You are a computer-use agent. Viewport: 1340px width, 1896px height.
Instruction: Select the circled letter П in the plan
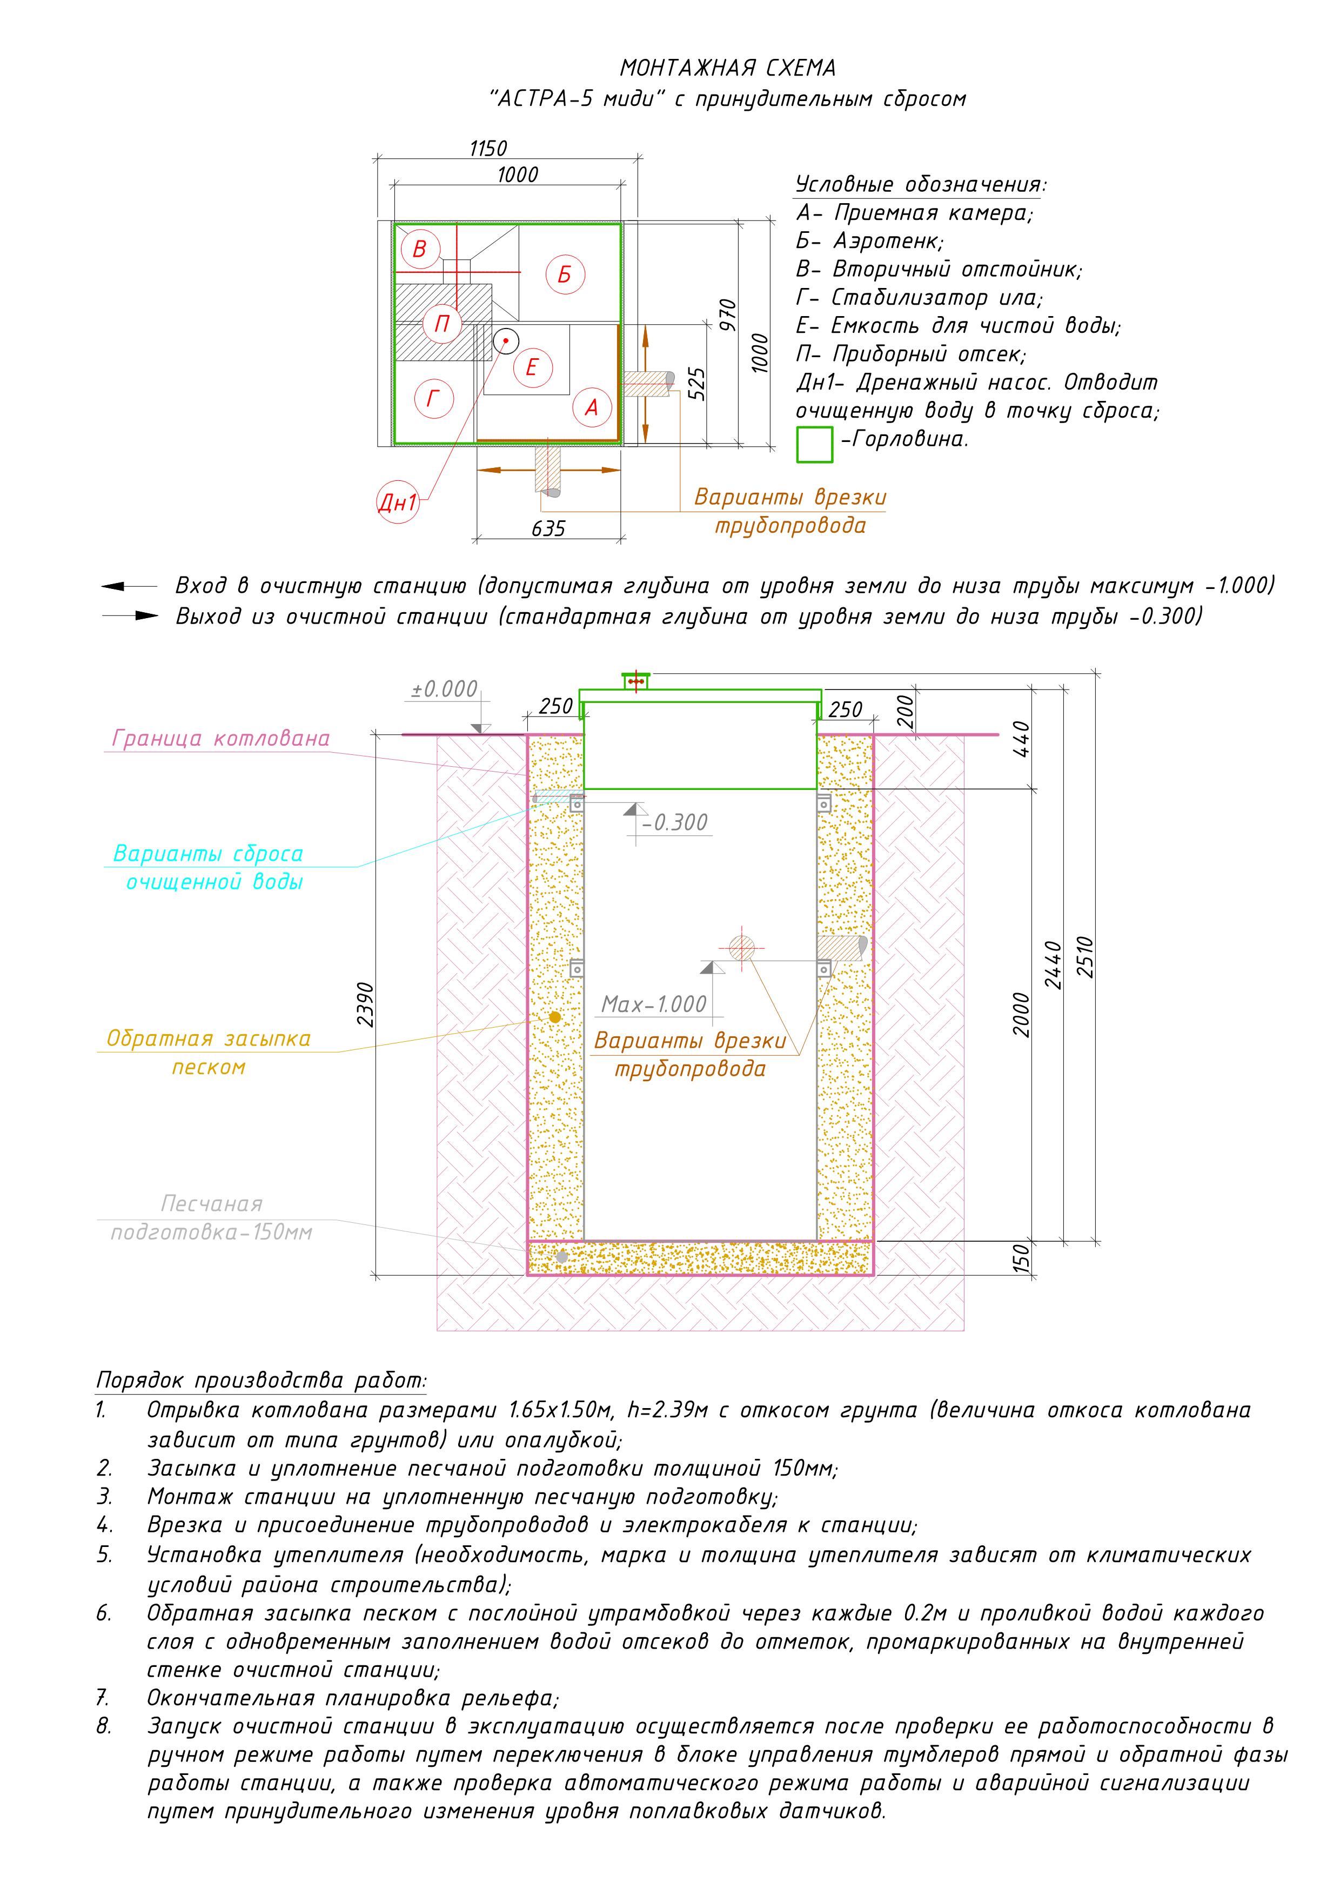pyautogui.click(x=443, y=323)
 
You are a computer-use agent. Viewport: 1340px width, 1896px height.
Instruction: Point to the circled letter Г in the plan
pyautogui.click(x=432, y=400)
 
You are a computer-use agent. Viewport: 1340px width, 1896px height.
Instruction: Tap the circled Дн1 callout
pyautogui.click(x=398, y=502)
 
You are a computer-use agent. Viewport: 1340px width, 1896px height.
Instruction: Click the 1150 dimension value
pyautogui.click(x=488, y=149)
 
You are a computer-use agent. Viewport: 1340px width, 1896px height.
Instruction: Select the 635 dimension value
pyautogui.click(x=548, y=528)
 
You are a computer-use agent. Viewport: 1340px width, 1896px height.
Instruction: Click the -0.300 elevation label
pyautogui.click(x=676, y=822)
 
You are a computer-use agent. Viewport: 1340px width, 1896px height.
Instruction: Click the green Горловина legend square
pyautogui.click(x=814, y=444)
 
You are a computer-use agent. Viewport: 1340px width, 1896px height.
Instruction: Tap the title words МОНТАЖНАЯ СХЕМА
pyautogui.click(x=727, y=68)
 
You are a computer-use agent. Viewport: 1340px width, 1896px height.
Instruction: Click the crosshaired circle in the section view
pyautogui.click(x=741, y=948)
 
